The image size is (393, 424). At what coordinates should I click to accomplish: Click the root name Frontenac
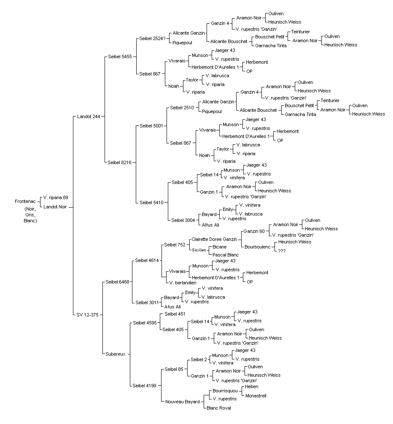(25, 202)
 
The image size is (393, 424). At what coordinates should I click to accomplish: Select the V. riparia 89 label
(56, 198)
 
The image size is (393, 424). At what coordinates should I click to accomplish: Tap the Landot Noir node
(55, 207)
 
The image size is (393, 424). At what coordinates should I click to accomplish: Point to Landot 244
(89, 116)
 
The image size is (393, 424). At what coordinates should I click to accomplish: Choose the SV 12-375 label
(88, 315)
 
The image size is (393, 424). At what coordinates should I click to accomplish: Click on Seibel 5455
(120, 57)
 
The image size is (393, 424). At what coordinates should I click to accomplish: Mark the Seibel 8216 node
(119, 162)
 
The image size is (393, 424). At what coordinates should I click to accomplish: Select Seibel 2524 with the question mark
(153, 39)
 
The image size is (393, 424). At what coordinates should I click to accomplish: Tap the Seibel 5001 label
(151, 126)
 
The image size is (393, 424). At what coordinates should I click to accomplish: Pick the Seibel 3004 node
(183, 220)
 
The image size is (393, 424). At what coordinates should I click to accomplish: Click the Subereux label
(116, 354)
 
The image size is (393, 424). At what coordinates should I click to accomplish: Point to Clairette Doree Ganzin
(214, 239)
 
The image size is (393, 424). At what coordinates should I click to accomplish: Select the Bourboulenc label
(257, 247)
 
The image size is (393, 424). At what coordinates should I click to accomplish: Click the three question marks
(282, 251)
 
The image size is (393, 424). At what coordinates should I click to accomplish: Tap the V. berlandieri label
(183, 283)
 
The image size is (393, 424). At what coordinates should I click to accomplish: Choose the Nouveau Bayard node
(183, 402)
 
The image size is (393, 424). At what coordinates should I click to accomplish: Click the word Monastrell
(256, 396)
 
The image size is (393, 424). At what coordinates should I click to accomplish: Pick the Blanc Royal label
(219, 408)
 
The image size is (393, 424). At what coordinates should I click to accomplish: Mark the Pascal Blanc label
(226, 255)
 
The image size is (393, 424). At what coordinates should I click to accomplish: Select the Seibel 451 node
(175, 314)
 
